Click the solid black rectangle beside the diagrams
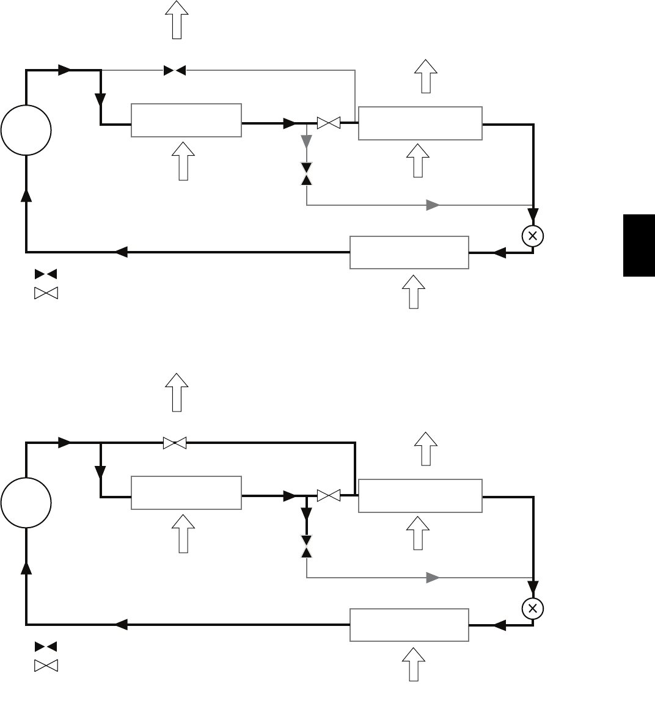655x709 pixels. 639,245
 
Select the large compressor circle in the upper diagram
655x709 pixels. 26,130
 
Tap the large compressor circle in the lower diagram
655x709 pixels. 26,503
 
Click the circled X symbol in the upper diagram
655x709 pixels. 533,236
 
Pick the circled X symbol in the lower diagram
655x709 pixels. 533,608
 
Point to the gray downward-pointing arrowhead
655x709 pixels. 307,142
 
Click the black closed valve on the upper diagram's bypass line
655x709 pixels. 175,71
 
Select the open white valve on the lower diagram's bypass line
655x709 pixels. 175,444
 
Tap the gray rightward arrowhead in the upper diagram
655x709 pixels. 433,205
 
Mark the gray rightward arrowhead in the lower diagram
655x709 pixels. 433,578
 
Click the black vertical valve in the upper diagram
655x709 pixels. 307,173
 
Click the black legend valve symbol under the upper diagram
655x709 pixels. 46,274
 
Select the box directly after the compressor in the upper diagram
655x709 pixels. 186,120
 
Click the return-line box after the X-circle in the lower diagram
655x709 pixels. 409,625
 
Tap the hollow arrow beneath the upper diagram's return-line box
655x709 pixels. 414,291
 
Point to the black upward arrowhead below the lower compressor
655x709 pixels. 26,569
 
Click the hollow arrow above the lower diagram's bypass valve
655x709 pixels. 177,391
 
